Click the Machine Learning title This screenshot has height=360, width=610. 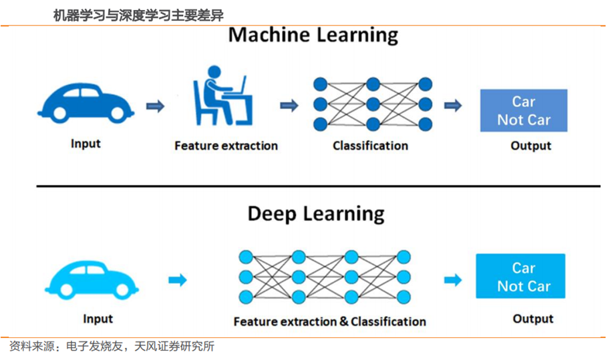pyautogui.click(x=313, y=35)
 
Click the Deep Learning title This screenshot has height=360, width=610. pyautogui.click(x=316, y=214)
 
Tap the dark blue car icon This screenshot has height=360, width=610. pyautogui.click(x=86, y=103)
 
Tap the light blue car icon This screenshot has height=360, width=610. pyautogui.click(x=92, y=280)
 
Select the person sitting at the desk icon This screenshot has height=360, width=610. pyautogui.click(x=223, y=96)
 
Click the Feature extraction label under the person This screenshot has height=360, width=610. pyautogui.click(x=226, y=146)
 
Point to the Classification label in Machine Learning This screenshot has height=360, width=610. pyautogui.click(x=370, y=146)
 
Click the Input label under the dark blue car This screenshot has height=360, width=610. pyautogui.click(x=86, y=144)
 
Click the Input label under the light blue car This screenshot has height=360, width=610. pyautogui.click(x=98, y=319)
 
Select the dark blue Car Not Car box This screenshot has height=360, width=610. pyautogui.click(x=524, y=110)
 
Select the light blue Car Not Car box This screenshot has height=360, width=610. pyautogui.click(x=520, y=276)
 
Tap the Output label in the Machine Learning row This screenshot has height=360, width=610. pyautogui.click(x=530, y=146)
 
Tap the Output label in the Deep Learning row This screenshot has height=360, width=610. pyautogui.click(x=533, y=319)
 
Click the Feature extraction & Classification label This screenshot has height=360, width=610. pyautogui.click(x=329, y=321)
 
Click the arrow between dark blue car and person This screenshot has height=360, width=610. pyautogui.click(x=155, y=106)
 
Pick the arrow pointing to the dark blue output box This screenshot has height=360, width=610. pyautogui.click(x=453, y=106)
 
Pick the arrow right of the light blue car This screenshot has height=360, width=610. pyautogui.click(x=178, y=280)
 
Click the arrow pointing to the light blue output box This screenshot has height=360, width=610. pyautogui.click(x=453, y=280)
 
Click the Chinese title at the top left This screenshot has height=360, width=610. pyautogui.click(x=138, y=15)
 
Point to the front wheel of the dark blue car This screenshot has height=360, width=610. pyautogui.click(x=118, y=113)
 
